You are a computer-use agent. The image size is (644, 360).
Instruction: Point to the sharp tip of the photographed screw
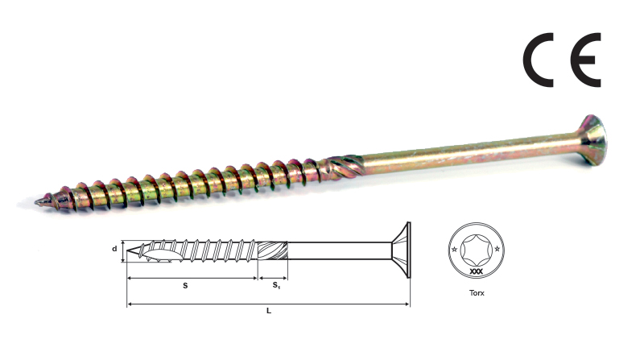tap(37, 202)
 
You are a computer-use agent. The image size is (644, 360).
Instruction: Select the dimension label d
tap(114, 249)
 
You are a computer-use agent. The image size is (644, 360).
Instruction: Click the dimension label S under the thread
tap(185, 286)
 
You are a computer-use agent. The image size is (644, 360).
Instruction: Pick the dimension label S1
tap(276, 285)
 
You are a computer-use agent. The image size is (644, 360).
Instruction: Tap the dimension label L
tap(269, 311)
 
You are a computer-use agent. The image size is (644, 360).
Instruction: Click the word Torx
tap(477, 293)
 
